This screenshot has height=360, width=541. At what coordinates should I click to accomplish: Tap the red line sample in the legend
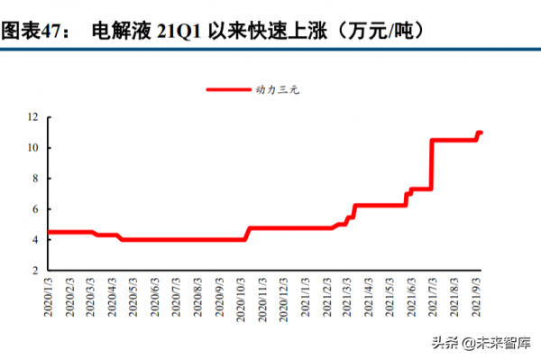[x=230, y=89]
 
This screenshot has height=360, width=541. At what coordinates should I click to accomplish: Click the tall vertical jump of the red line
[x=432, y=164]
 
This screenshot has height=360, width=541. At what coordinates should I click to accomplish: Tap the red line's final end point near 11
[x=481, y=133]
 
